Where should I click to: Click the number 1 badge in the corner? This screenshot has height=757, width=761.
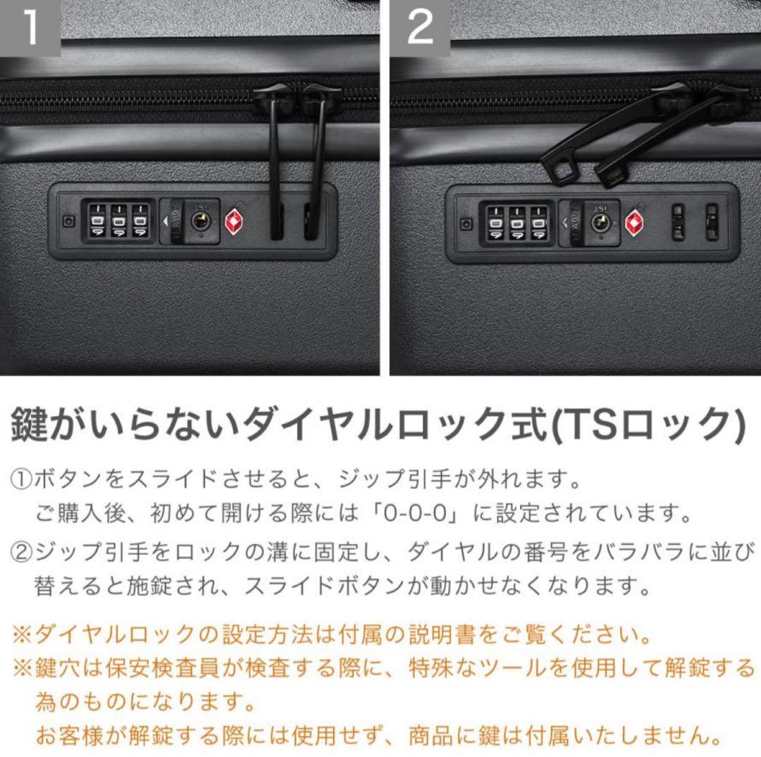point(30,27)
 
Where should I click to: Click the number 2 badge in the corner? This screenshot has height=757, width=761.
point(420,27)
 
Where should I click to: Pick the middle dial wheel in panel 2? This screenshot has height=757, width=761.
point(518,224)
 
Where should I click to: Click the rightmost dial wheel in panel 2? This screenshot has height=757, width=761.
point(540,224)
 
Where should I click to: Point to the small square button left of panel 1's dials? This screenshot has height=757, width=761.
point(68,220)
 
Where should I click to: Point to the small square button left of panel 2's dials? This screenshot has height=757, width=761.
point(466,224)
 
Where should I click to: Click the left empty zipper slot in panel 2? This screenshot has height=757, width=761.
point(678,223)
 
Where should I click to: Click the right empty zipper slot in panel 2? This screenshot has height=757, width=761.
point(712,223)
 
